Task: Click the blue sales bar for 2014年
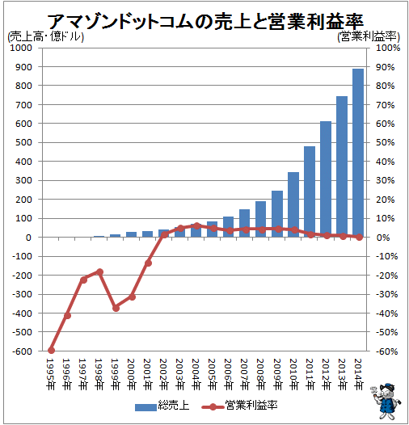[358, 153]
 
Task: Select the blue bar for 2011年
[310, 191]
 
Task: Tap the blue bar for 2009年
[277, 214]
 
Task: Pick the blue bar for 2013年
[342, 166]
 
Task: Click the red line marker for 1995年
[51, 351]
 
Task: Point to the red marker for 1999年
[116, 308]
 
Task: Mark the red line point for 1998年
[99, 271]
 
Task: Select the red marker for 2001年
[148, 263]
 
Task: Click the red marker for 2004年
[197, 225]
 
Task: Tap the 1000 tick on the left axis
[21, 48]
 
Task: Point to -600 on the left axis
[23, 351]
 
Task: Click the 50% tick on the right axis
[385, 142]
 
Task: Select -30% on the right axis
[386, 294]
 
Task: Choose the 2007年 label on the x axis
[245, 374]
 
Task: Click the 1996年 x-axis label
[66, 374]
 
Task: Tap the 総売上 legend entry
[162, 406]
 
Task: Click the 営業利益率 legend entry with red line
[240, 406]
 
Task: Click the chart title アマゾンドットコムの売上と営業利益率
[205, 22]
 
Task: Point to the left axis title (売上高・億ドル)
[45, 37]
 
